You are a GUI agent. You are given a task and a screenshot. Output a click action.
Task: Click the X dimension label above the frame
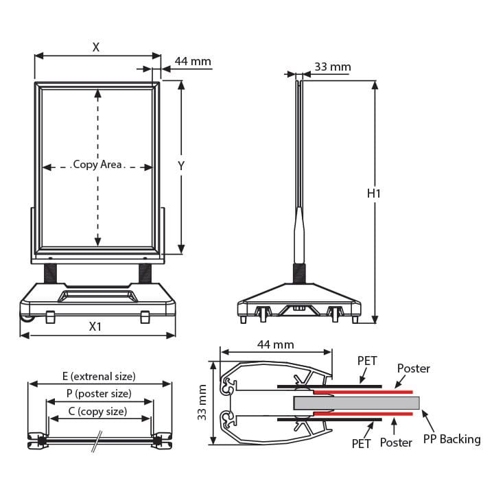(x=96, y=47)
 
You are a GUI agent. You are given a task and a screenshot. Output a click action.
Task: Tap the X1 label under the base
(x=95, y=327)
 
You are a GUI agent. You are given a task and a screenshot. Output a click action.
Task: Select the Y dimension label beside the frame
(x=181, y=166)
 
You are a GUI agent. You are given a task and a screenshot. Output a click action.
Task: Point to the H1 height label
(x=374, y=193)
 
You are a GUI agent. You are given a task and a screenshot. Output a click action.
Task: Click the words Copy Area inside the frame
(x=97, y=165)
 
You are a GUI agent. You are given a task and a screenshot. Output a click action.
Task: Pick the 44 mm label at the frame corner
(x=193, y=61)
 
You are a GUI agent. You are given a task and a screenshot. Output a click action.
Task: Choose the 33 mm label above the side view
(x=333, y=67)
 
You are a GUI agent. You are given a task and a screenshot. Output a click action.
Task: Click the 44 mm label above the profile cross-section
(x=276, y=344)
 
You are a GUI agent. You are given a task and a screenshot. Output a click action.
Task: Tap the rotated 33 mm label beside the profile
(x=202, y=402)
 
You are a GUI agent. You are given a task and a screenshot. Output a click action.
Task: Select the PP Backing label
(x=452, y=439)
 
